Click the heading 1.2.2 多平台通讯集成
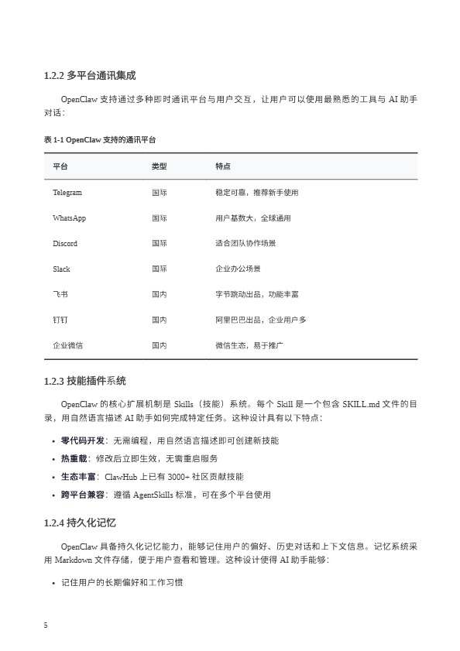(90, 76)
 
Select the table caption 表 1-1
(100, 140)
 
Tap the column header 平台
(60, 166)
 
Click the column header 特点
(222, 166)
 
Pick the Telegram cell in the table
(67, 192)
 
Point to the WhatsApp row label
(69, 218)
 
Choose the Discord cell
(65, 243)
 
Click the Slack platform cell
(61, 269)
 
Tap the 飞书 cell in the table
(60, 294)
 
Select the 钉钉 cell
(60, 320)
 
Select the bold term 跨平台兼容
(82, 493)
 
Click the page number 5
(46, 625)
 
